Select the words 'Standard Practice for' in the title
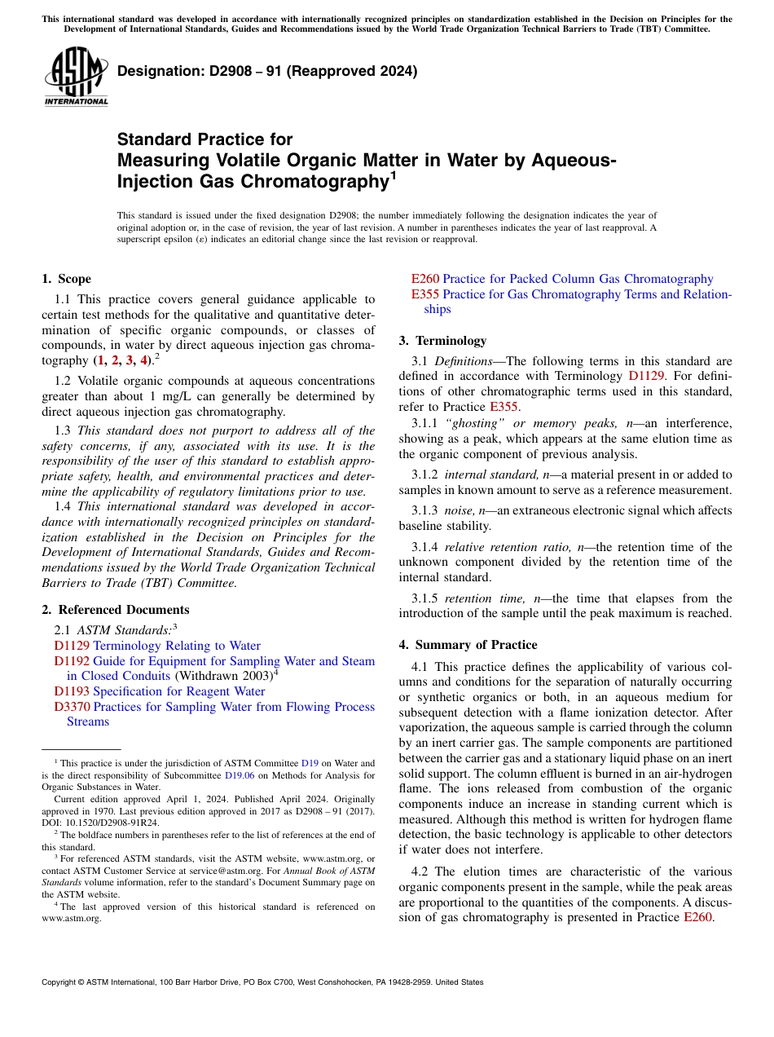pos(204,139)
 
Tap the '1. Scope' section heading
pos(66,279)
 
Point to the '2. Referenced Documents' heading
pos(116,610)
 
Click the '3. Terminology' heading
pos(442,341)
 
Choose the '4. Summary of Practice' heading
pos(468,645)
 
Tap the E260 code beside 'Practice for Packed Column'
pos(425,279)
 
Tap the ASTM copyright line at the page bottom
pos(262,982)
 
